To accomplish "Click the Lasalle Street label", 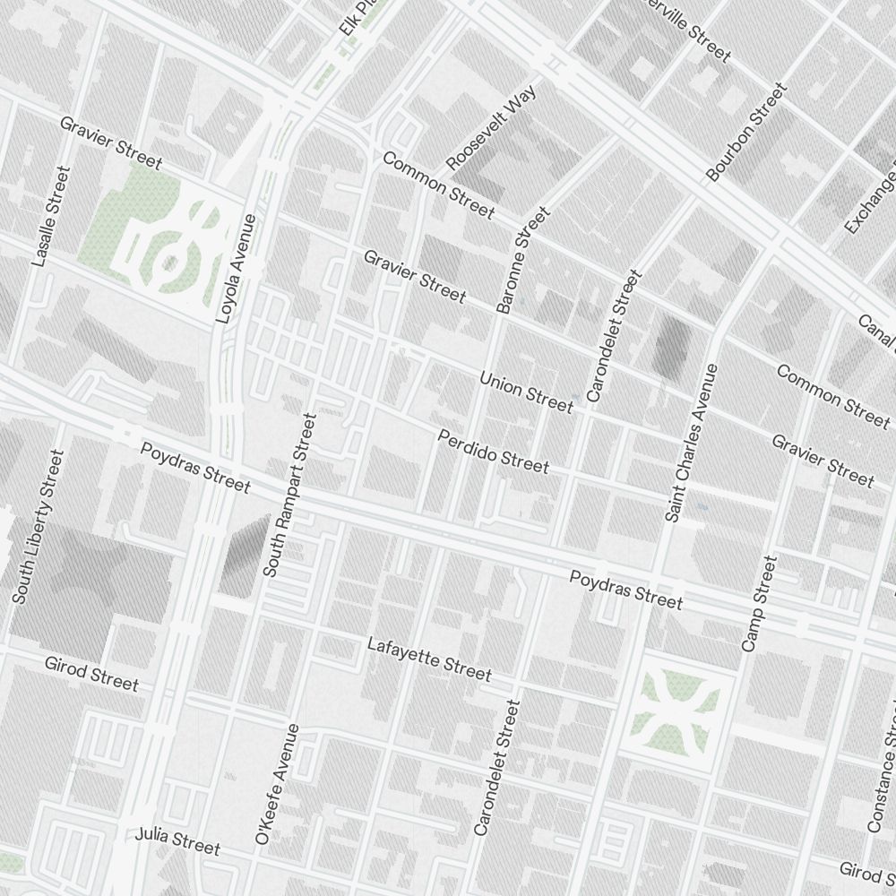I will click(x=50, y=216).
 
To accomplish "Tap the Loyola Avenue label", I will click(x=236, y=269).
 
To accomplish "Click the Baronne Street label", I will click(x=522, y=261).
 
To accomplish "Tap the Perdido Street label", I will click(x=493, y=451).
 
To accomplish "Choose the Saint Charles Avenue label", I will click(x=693, y=443).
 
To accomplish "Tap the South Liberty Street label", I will click(x=38, y=526).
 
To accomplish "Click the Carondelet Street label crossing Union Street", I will click(x=615, y=335).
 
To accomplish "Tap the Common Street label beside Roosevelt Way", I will click(x=438, y=185).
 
